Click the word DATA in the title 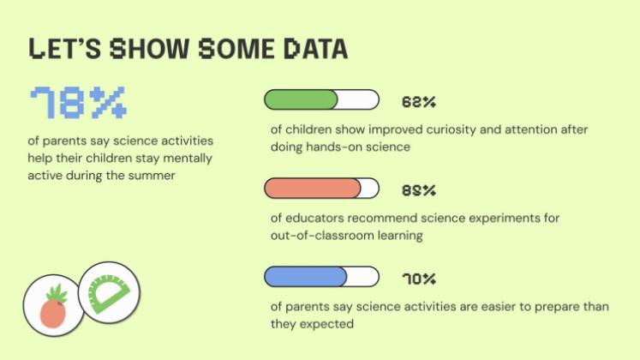(315, 49)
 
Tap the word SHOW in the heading (149, 49)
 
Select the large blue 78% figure (78, 103)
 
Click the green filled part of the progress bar (301, 100)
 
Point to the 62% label (419, 102)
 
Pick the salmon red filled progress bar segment (313, 189)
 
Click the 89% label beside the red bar (419, 190)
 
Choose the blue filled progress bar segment (306, 277)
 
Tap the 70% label (419, 279)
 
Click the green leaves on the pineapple (57, 293)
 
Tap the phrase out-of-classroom (321, 236)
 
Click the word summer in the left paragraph (152, 176)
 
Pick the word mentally (188, 159)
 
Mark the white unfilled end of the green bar (358, 100)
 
